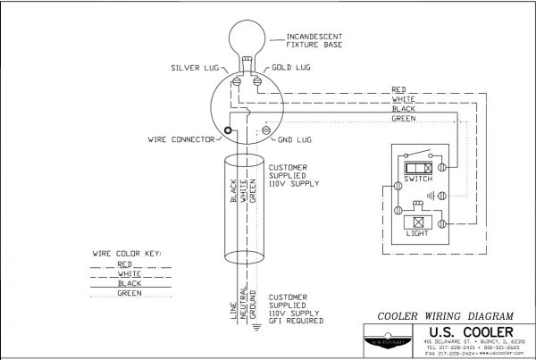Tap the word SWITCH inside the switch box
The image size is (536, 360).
click(x=417, y=179)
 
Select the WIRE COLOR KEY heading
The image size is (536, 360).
click(x=127, y=254)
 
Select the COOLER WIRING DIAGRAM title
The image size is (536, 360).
click(x=437, y=315)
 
